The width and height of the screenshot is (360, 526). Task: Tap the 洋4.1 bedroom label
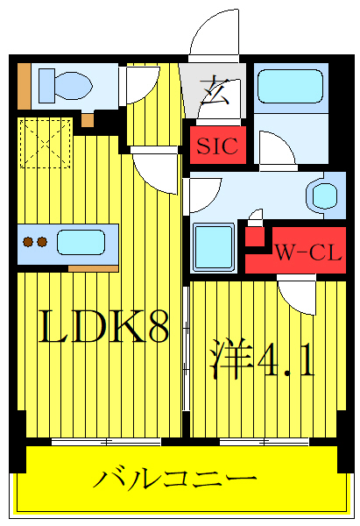260,359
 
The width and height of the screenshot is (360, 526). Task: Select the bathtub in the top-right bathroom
290,89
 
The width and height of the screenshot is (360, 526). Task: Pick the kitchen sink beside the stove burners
81,241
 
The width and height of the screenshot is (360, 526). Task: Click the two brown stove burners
34,241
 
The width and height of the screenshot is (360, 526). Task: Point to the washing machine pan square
213,246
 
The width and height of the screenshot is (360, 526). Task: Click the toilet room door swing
139,88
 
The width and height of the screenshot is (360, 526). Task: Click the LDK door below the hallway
155,172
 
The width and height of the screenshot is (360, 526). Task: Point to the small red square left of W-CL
254,235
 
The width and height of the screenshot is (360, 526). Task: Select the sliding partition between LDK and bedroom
185,359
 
